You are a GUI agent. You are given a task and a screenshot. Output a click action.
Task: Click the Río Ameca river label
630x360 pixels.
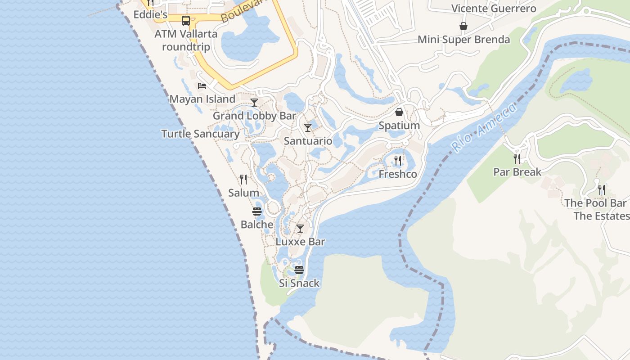point(484,127)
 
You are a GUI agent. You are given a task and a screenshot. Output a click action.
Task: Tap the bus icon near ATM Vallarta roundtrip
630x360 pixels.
point(185,20)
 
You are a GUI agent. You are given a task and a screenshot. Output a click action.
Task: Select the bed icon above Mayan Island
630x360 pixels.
point(202,85)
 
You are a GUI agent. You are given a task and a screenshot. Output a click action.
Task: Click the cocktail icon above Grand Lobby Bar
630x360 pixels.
point(254,103)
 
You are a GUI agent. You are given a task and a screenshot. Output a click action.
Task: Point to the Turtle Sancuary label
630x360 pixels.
point(200,134)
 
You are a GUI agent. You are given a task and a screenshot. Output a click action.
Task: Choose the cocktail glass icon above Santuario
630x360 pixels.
point(308,128)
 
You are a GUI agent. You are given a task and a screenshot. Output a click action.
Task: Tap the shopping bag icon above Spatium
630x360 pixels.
point(399,112)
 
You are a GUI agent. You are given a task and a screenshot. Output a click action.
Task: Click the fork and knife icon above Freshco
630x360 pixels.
point(398,160)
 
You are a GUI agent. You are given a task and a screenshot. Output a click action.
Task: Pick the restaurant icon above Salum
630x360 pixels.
point(243,180)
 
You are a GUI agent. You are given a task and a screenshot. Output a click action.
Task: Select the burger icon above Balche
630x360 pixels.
point(257,211)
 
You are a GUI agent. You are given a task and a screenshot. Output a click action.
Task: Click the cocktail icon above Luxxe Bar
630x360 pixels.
point(300,229)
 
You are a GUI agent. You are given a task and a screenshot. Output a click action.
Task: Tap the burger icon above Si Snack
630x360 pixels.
point(299,270)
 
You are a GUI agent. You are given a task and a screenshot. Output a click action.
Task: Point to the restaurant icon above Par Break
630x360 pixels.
point(517,158)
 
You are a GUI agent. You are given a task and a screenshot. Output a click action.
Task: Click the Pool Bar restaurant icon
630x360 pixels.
point(602,189)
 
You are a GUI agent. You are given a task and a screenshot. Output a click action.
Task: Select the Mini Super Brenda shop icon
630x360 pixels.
point(463,27)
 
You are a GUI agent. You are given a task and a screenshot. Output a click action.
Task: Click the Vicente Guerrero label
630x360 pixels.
point(494,9)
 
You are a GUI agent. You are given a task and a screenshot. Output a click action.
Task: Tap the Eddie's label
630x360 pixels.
point(150,15)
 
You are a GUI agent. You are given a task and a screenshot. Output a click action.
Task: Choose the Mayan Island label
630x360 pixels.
point(202,99)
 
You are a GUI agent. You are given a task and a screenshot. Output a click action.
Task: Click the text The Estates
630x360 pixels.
point(601,216)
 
